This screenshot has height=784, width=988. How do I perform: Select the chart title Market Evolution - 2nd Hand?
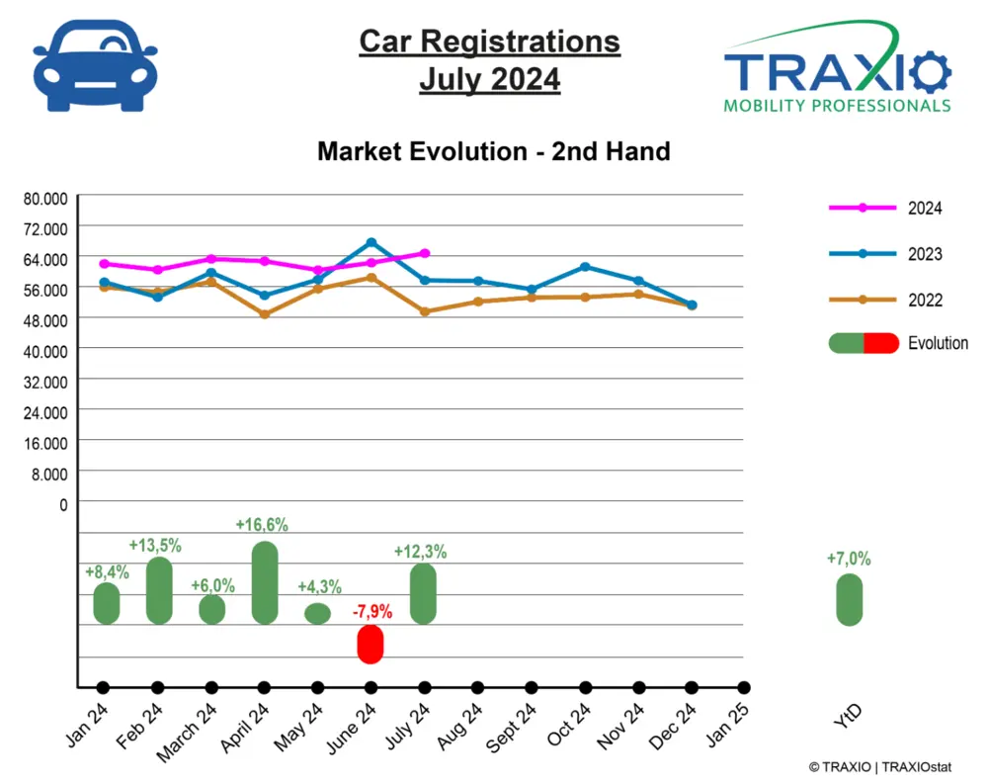[x=493, y=151]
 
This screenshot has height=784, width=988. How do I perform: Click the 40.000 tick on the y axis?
[x=45, y=350]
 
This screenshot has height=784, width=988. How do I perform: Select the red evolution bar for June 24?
[x=370, y=644]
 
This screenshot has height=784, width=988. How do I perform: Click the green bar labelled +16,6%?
[x=264, y=582]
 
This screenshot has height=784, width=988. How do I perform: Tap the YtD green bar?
[x=849, y=600]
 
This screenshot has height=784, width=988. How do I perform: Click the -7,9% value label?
[x=371, y=612]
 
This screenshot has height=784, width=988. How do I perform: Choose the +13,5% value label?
[x=155, y=545]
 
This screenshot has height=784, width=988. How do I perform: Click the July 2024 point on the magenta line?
[x=424, y=253]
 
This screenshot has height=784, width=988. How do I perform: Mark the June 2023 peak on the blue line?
[x=370, y=242]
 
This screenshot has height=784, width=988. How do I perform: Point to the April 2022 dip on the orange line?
[x=264, y=314]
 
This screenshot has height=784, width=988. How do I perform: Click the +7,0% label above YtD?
[x=849, y=559]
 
